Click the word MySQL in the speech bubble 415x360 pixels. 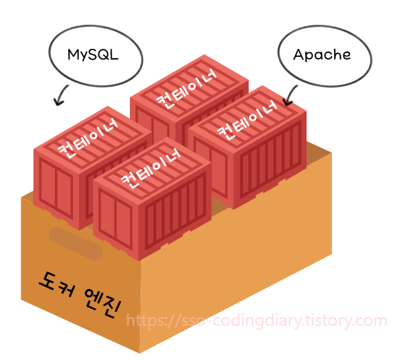pyautogui.click(x=93, y=55)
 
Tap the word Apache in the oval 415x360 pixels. pyautogui.click(x=322, y=54)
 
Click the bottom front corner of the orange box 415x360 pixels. pyautogui.click(x=140, y=351)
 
